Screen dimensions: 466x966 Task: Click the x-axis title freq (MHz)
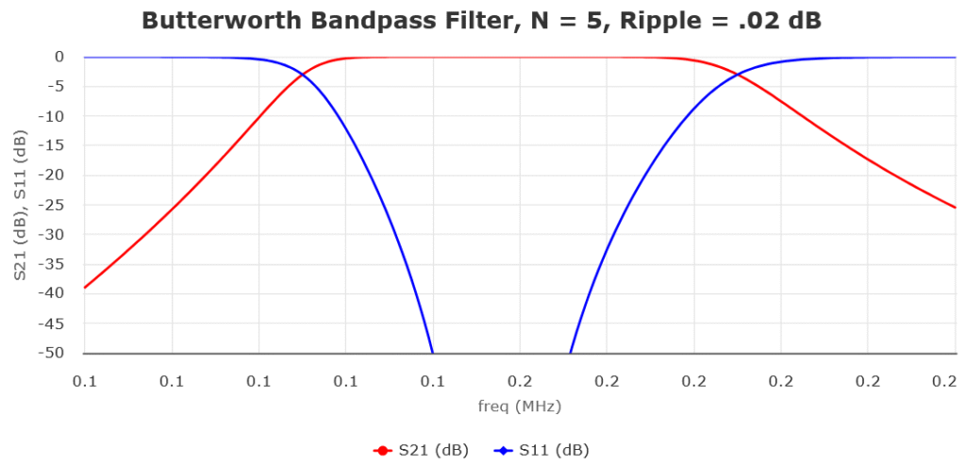pos(520,407)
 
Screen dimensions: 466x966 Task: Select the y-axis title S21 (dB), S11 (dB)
pos(20,205)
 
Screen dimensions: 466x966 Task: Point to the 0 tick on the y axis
pos(58,57)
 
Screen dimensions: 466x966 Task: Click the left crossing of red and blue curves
pos(302,75)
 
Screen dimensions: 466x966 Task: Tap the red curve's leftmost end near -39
pos(86,288)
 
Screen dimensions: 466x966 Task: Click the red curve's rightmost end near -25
pos(955,208)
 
